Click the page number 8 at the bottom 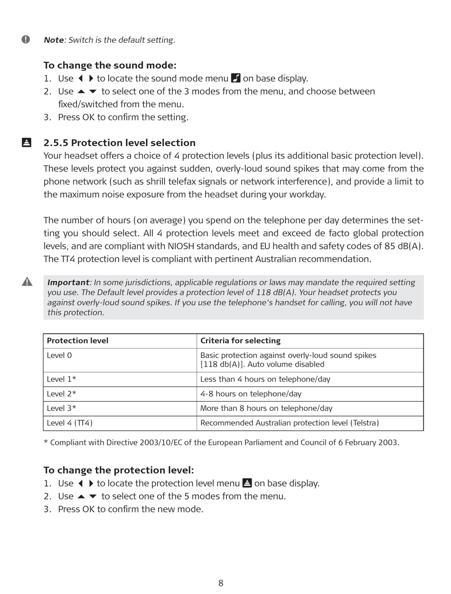coord(221,583)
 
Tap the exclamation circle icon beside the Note coord(26,39)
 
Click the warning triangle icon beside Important coord(27,282)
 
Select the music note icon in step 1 coord(236,78)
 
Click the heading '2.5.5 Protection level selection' coord(119,143)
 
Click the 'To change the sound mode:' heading coord(110,66)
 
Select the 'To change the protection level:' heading coord(119,470)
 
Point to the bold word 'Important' coord(68,283)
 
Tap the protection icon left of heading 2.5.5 coord(27,142)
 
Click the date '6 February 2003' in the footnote coord(368,443)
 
